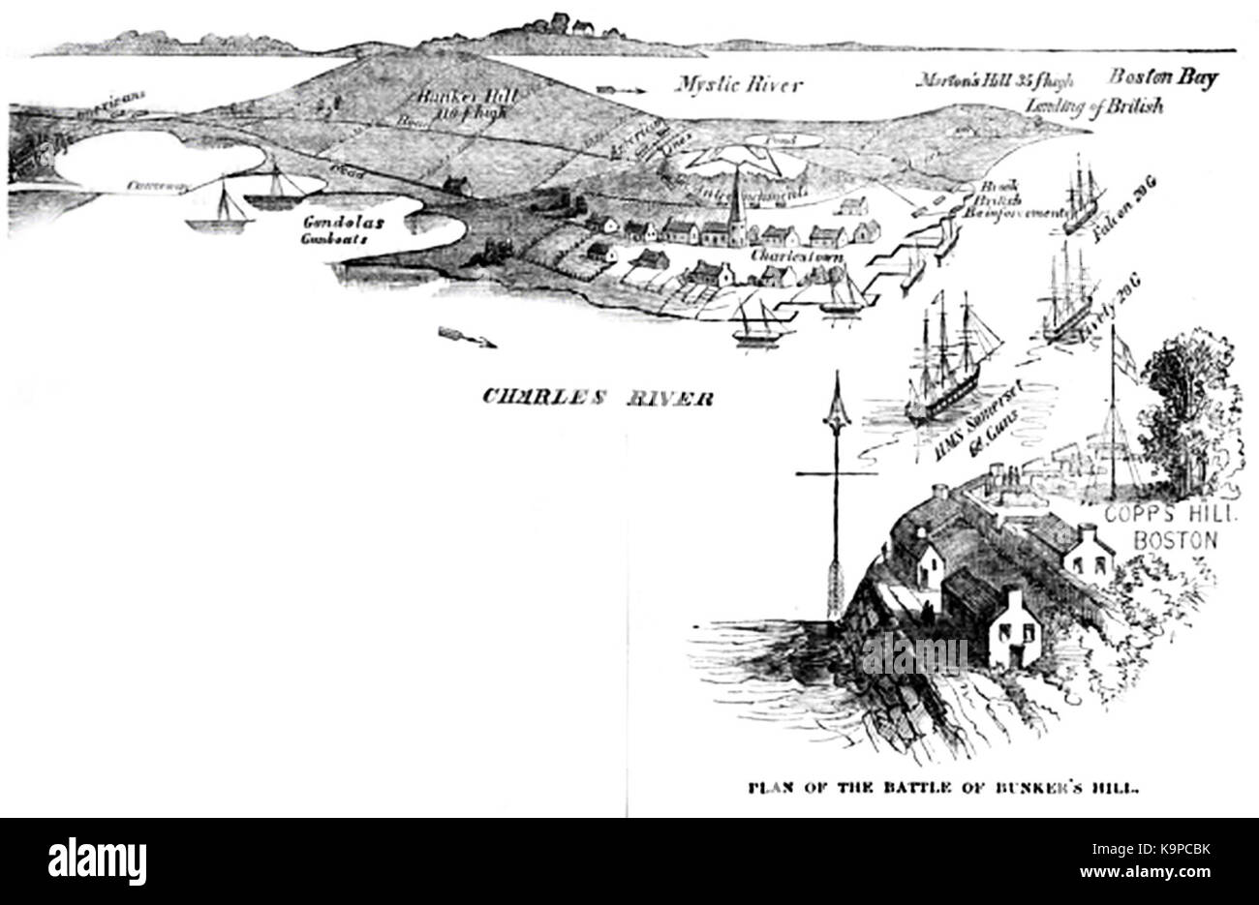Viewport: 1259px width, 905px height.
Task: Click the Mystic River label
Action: coord(739,85)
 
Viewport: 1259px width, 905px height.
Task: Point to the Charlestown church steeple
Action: coord(735,198)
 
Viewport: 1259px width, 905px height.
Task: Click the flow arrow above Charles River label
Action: coord(467,337)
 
